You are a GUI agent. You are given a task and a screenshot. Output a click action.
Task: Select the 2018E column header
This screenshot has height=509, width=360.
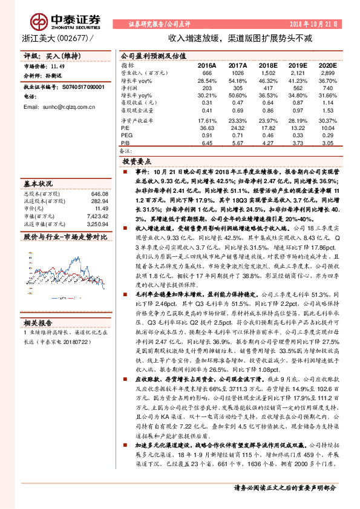[266, 65]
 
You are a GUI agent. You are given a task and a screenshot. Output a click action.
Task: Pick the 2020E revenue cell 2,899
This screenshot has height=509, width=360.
[326, 72]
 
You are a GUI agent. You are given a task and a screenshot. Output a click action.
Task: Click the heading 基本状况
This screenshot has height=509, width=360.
[38, 183]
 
